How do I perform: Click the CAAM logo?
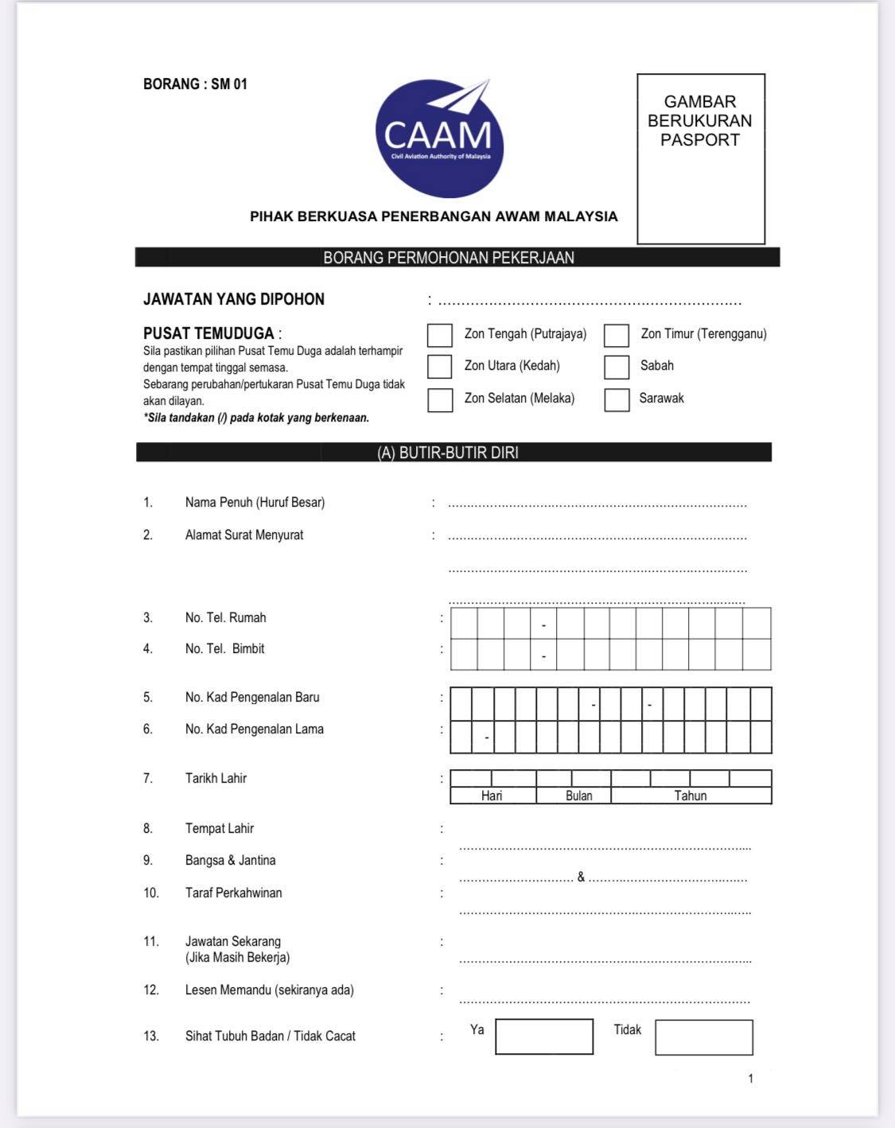(439, 138)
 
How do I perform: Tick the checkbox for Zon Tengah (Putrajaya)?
(440, 335)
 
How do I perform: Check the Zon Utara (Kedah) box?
(440, 366)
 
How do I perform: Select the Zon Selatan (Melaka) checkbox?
(440, 399)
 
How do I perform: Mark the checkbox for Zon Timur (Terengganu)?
(617, 335)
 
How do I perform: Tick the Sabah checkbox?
(617, 367)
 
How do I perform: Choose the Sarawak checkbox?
(617, 399)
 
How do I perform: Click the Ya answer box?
(544, 1037)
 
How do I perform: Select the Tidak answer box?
(704, 1037)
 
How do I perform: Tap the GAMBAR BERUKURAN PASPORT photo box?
(700, 159)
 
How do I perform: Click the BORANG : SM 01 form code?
(196, 84)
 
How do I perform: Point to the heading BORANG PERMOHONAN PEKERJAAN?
(449, 258)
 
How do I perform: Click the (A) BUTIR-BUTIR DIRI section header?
(448, 453)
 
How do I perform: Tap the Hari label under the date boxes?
(492, 795)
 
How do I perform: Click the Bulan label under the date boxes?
(579, 795)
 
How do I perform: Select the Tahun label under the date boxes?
(691, 795)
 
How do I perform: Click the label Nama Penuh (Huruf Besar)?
(255, 503)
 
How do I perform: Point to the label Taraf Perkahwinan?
(233, 893)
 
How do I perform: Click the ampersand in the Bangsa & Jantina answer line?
(581, 877)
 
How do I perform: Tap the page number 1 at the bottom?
(750, 1079)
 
